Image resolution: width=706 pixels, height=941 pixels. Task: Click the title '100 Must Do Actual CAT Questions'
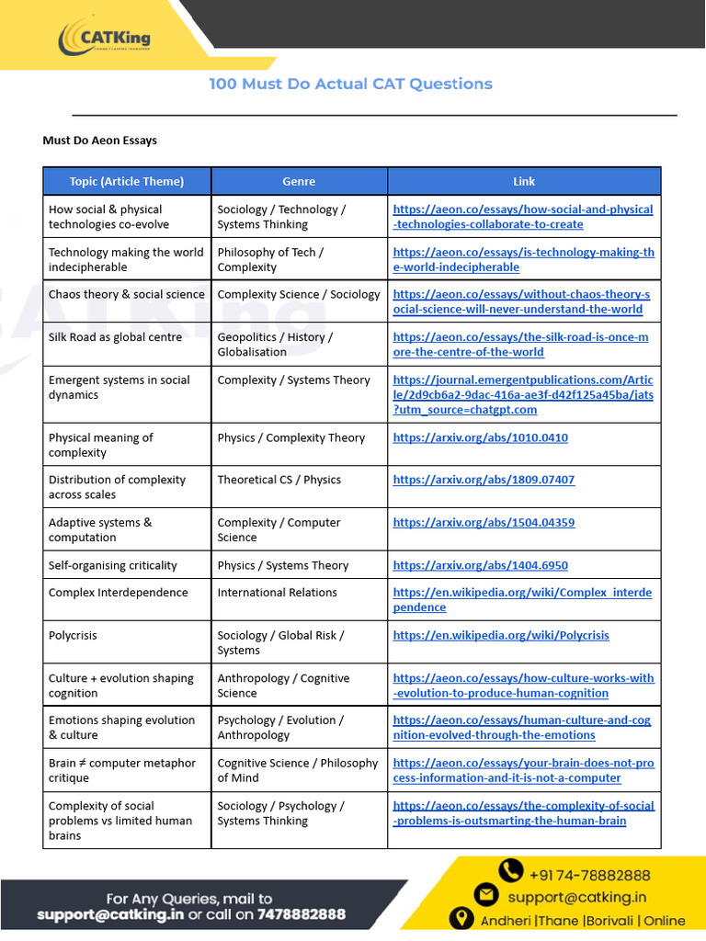point(350,84)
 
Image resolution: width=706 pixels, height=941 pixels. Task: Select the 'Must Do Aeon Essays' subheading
point(100,141)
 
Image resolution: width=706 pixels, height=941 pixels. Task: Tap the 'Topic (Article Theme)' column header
point(127,181)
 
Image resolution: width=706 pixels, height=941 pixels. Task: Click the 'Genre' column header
point(299,181)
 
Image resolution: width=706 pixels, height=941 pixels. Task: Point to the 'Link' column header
point(524,181)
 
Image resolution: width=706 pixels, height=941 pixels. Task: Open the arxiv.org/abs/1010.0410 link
point(480,437)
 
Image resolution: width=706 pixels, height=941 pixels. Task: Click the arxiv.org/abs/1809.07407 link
point(484,480)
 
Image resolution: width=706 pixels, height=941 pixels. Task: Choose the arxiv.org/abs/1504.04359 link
point(484,522)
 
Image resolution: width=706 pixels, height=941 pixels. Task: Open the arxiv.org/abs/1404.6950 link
point(480,565)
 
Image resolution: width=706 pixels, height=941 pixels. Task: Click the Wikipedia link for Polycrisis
point(501,635)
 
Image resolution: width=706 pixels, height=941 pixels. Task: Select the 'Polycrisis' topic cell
point(73,635)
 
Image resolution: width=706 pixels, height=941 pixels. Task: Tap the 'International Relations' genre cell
point(277,593)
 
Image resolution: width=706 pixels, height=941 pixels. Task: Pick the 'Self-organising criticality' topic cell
point(113,565)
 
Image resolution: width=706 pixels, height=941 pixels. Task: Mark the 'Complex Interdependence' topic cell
point(118,593)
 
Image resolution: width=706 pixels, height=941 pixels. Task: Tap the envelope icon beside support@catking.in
point(487,894)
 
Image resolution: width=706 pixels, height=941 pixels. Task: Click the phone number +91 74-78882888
point(588,874)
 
